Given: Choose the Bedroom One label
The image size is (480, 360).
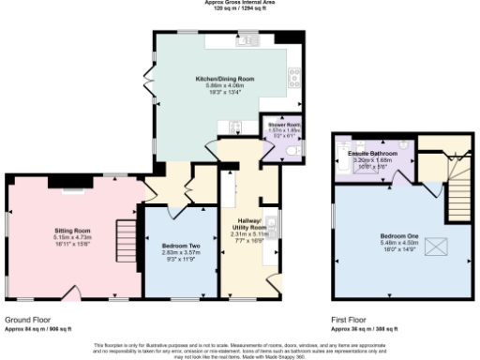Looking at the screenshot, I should coord(400,234).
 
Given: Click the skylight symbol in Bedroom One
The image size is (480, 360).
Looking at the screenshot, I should coord(436,246).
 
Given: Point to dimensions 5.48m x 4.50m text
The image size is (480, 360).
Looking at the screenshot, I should coord(400,243).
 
